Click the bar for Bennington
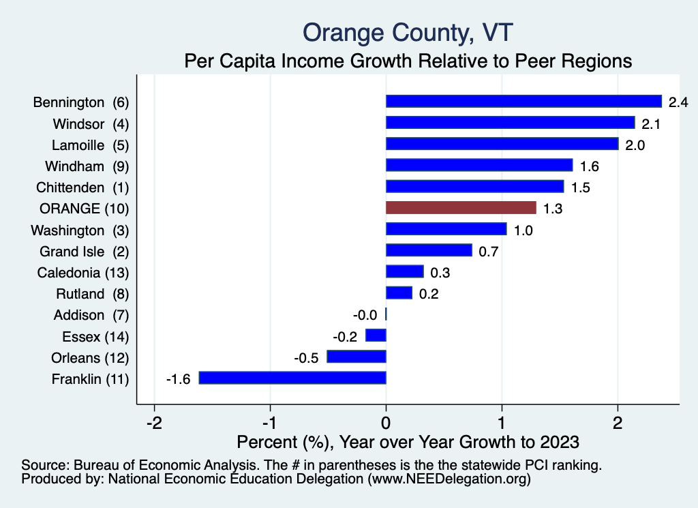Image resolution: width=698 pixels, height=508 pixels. coord(523,102)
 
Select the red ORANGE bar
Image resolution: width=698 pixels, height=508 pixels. coord(461,207)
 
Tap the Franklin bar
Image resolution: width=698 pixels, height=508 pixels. coord(292,378)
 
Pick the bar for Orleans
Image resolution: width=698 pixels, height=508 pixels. coord(356,357)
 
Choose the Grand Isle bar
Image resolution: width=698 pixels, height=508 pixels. coord(429,250)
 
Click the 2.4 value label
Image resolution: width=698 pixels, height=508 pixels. coord(678,102)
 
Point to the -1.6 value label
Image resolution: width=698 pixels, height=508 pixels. coord(179,379)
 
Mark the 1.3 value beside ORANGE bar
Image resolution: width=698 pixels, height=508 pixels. coord(552,209)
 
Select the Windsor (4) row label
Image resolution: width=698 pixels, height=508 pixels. coord(91,124)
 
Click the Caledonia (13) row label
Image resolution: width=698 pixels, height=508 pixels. coord(82,273)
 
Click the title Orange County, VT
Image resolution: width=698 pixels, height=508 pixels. coord(408,32)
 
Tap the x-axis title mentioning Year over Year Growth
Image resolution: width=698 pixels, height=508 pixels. coord(408,442)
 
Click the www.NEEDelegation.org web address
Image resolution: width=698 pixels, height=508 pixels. coord(449,480)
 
